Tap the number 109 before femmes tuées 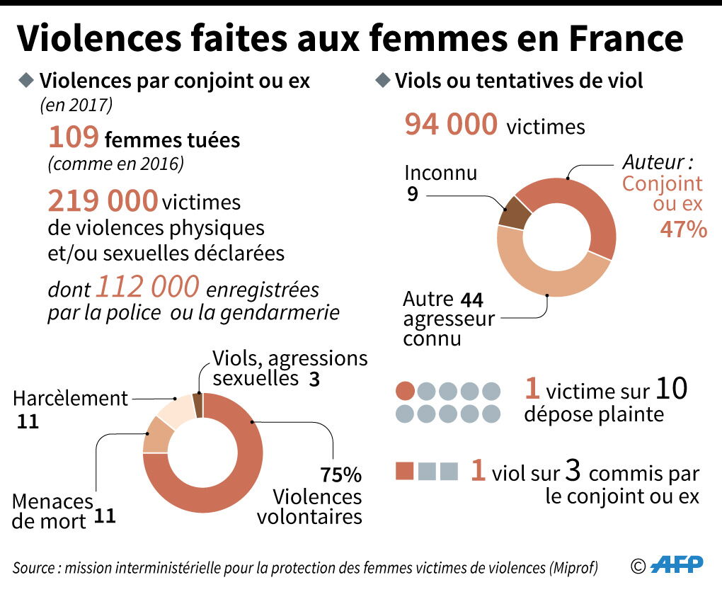coord(73,137)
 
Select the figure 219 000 coord(103,201)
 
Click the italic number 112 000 coord(147,287)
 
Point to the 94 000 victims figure coord(451,124)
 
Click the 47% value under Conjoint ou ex coord(683,229)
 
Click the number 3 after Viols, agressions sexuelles coord(314,379)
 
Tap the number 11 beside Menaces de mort coord(105,516)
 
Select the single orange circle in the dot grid coord(406,391)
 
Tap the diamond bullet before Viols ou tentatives coord(383,79)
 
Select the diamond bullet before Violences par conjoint coord(26,79)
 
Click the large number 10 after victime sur coord(670,389)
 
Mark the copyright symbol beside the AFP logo coord(638,565)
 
